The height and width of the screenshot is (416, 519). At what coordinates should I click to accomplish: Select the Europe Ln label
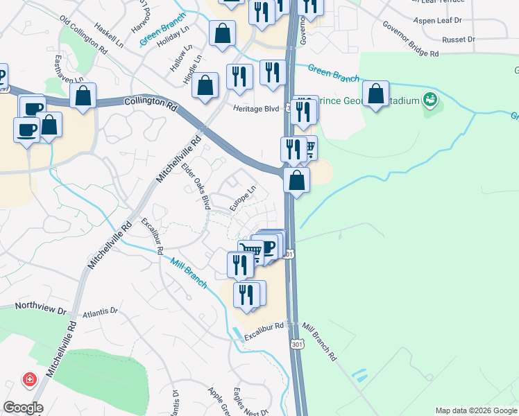coord(244,194)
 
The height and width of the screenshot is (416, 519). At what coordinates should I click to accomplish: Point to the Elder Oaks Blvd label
coord(195,186)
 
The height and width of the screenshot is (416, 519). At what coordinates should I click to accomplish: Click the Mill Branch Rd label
coord(320,342)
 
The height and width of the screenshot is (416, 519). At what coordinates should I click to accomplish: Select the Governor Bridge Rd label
coord(411,39)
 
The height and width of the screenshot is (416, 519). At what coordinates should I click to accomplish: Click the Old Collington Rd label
coord(84,37)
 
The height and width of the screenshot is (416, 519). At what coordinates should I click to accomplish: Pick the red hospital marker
coord(29,379)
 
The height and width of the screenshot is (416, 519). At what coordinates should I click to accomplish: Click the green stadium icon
coord(430,101)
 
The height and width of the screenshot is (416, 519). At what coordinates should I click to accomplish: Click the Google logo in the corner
coord(22,408)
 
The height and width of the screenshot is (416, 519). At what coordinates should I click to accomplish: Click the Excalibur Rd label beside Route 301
coord(264,326)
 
